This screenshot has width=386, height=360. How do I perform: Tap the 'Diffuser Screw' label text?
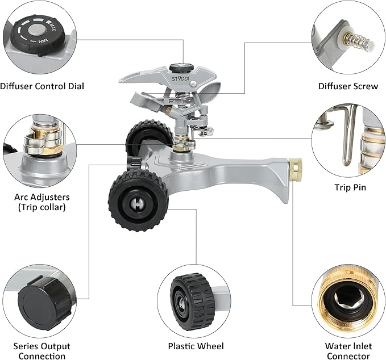tap(347, 86)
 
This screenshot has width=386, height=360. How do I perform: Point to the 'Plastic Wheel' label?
tap(196, 346)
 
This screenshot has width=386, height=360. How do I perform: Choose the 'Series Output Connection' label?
tap(41, 351)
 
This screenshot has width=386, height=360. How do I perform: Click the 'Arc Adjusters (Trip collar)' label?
tap(41, 202)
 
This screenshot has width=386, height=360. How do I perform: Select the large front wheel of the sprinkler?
tap(138, 192)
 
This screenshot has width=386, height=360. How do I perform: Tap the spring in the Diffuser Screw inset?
tap(358, 41)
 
